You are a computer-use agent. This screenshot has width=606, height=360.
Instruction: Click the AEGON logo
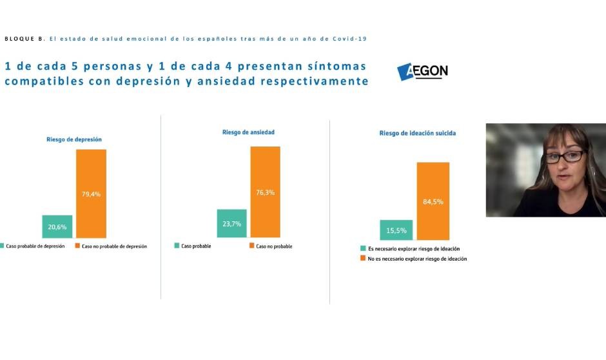(x=423, y=72)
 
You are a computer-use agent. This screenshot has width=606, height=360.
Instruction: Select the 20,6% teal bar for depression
(x=57, y=226)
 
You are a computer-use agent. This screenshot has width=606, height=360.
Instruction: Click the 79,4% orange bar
(x=91, y=194)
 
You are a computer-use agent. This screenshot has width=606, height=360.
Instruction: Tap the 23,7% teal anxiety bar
(x=231, y=224)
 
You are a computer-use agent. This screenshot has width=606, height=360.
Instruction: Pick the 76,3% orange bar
(x=265, y=191)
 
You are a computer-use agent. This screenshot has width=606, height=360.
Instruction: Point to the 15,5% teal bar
(x=396, y=230)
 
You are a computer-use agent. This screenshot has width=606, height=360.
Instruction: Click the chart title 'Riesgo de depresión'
(x=74, y=139)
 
